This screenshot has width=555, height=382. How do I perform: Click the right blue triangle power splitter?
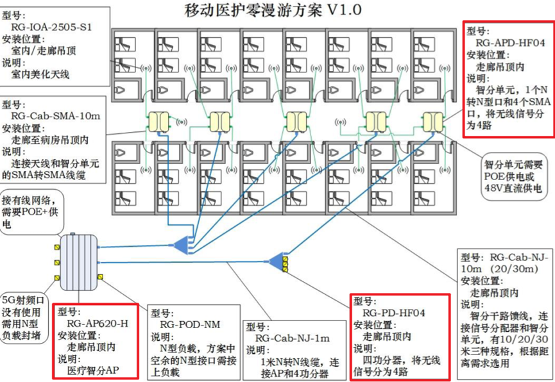coord(277,261)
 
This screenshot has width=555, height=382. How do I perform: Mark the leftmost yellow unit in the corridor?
coord(158,122)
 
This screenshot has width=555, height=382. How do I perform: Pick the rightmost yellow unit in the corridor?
coord(432,120)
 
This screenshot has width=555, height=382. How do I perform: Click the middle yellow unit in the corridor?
coord(296,121)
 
